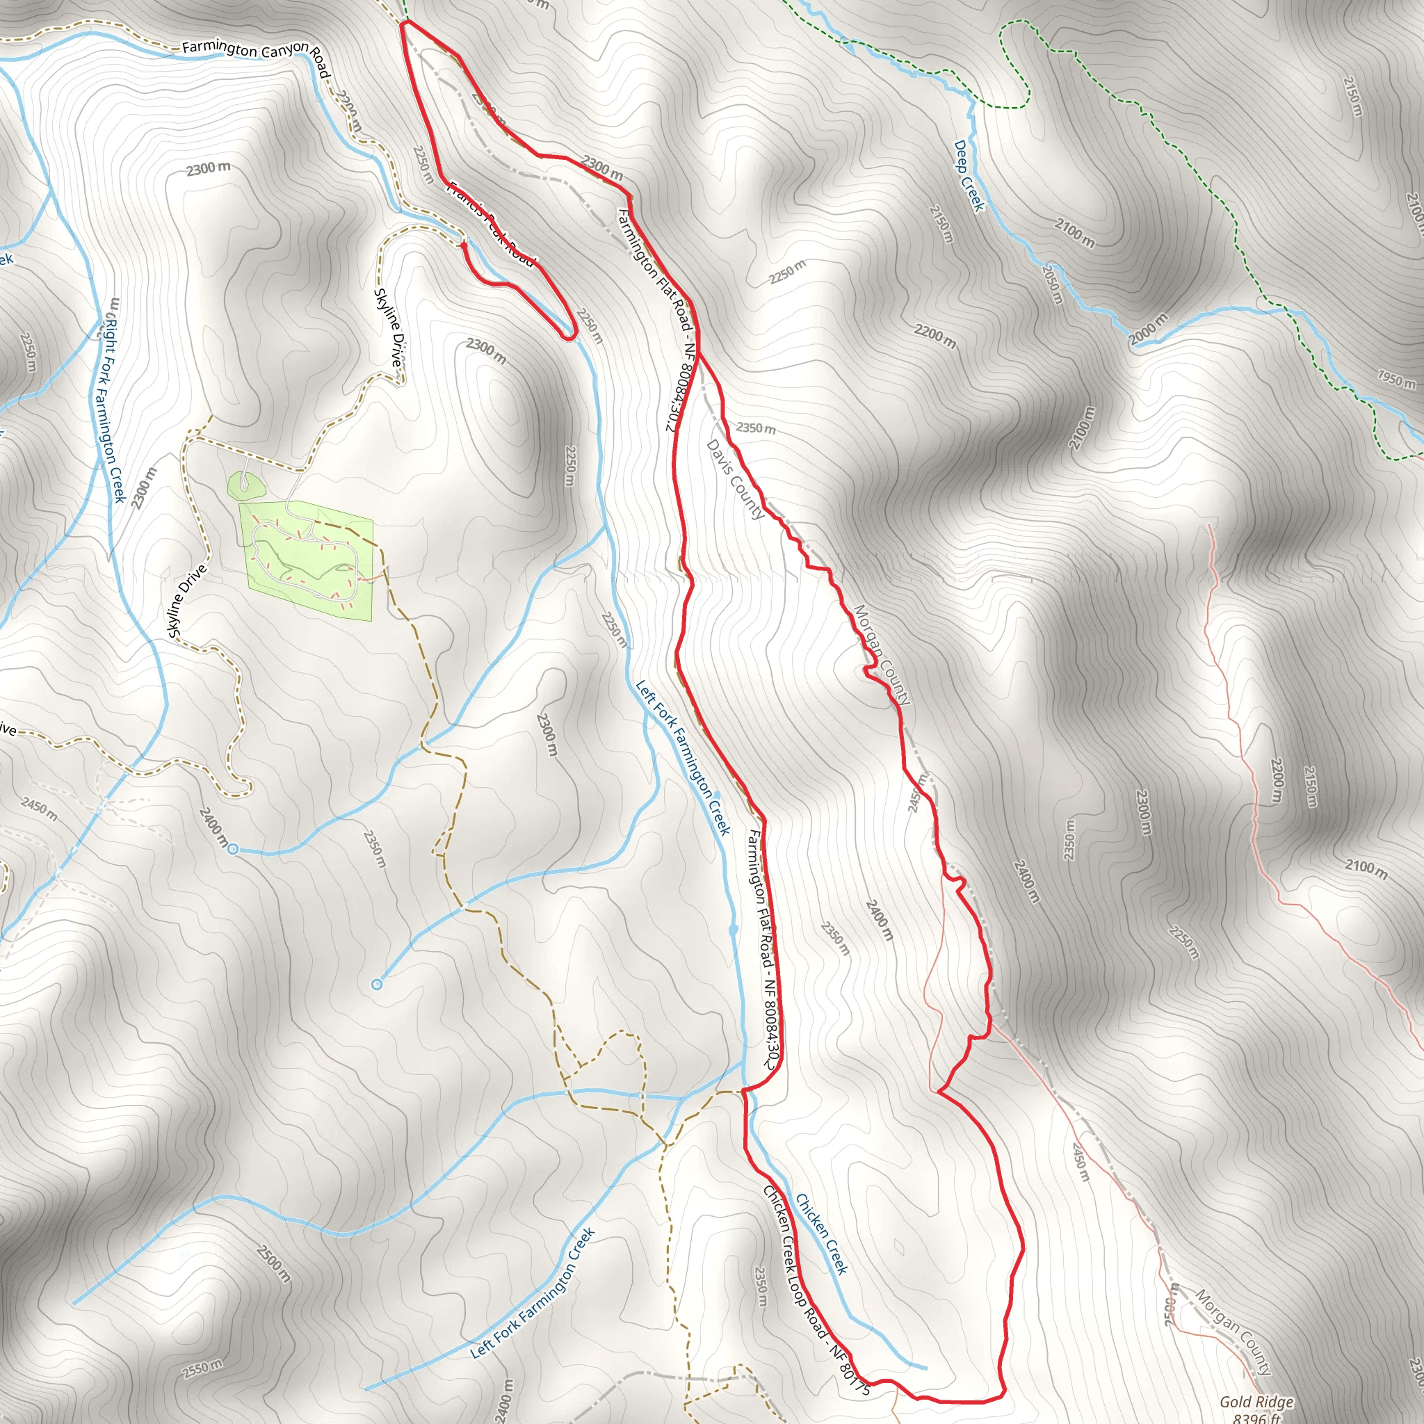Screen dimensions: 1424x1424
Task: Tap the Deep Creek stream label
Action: (969, 176)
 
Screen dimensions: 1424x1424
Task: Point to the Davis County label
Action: (735, 479)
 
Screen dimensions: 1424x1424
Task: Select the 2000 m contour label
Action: (1149, 330)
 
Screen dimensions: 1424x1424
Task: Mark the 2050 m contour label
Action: (1053, 284)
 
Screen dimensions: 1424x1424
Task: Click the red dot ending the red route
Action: (463, 245)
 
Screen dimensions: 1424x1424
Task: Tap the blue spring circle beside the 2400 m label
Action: (233, 850)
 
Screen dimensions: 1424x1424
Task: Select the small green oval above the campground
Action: (245, 485)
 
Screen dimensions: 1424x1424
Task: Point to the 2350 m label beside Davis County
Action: (756, 428)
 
